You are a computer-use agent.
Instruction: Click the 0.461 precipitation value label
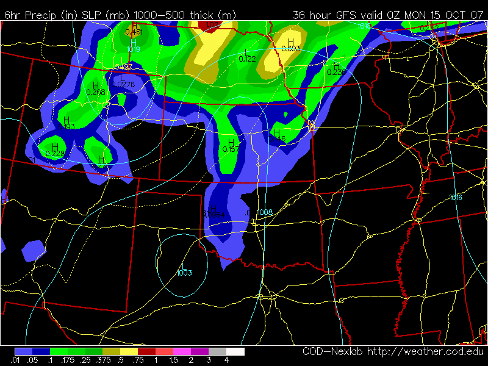tap(134, 32)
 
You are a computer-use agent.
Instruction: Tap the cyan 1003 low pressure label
tap(184, 273)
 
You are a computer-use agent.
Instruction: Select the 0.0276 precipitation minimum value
tap(124, 84)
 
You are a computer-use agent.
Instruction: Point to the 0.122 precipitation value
tap(247, 59)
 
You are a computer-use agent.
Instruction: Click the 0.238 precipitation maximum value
tap(96, 91)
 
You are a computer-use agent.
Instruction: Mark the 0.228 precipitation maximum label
tap(55, 154)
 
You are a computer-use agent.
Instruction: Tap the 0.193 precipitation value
tap(68, 126)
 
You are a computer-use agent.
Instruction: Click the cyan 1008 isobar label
tap(265, 212)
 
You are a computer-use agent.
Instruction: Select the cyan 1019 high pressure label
tap(134, 49)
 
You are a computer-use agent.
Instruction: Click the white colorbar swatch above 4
tap(235, 352)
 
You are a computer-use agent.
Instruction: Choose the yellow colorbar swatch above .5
tap(129, 352)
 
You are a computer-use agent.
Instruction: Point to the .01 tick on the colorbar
tap(15, 361)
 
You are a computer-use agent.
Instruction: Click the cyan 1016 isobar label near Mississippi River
tap(456, 197)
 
